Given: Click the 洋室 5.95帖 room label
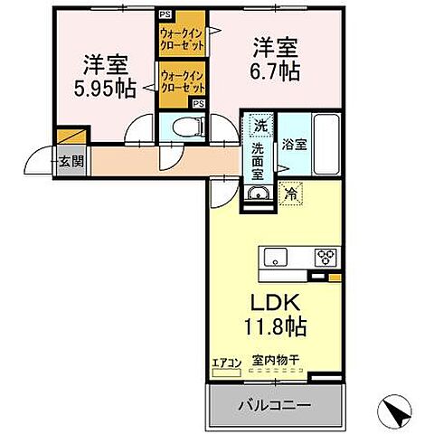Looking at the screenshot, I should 105,76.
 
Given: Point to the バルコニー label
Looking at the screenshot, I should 276,405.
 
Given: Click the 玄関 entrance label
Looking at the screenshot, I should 71,163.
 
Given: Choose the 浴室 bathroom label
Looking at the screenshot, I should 292,143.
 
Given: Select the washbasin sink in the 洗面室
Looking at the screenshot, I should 258,196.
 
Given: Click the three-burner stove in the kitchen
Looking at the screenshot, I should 325,258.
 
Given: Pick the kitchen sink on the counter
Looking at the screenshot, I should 276,257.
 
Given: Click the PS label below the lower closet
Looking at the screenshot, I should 197,104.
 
